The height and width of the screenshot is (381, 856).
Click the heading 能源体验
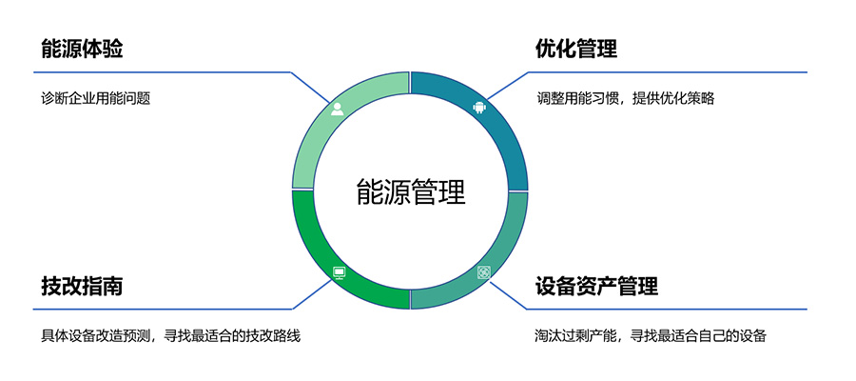(x=82, y=49)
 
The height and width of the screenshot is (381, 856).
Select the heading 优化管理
(x=576, y=49)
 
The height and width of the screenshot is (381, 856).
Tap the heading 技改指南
(x=82, y=286)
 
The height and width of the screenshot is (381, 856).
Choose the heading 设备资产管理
(x=596, y=286)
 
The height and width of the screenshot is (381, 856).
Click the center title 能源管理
(x=411, y=191)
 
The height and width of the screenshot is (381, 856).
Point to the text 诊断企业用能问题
(x=97, y=98)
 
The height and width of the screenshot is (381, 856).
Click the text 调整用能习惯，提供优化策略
(x=625, y=98)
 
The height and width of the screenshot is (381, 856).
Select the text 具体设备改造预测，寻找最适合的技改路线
(x=171, y=335)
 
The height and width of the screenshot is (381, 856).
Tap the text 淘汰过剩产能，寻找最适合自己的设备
(x=651, y=335)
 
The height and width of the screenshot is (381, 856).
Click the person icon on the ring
(x=338, y=109)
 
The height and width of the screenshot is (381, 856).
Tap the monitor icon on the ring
(x=339, y=273)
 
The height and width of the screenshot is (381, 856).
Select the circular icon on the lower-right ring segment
(x=483, y=272)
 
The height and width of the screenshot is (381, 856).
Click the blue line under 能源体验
(x=162, y=71)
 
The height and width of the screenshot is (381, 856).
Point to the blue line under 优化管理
(x=666, y=71)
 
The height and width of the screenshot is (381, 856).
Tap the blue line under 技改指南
(x=162, y=309)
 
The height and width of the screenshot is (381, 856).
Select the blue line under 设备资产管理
(x=666, y=309)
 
